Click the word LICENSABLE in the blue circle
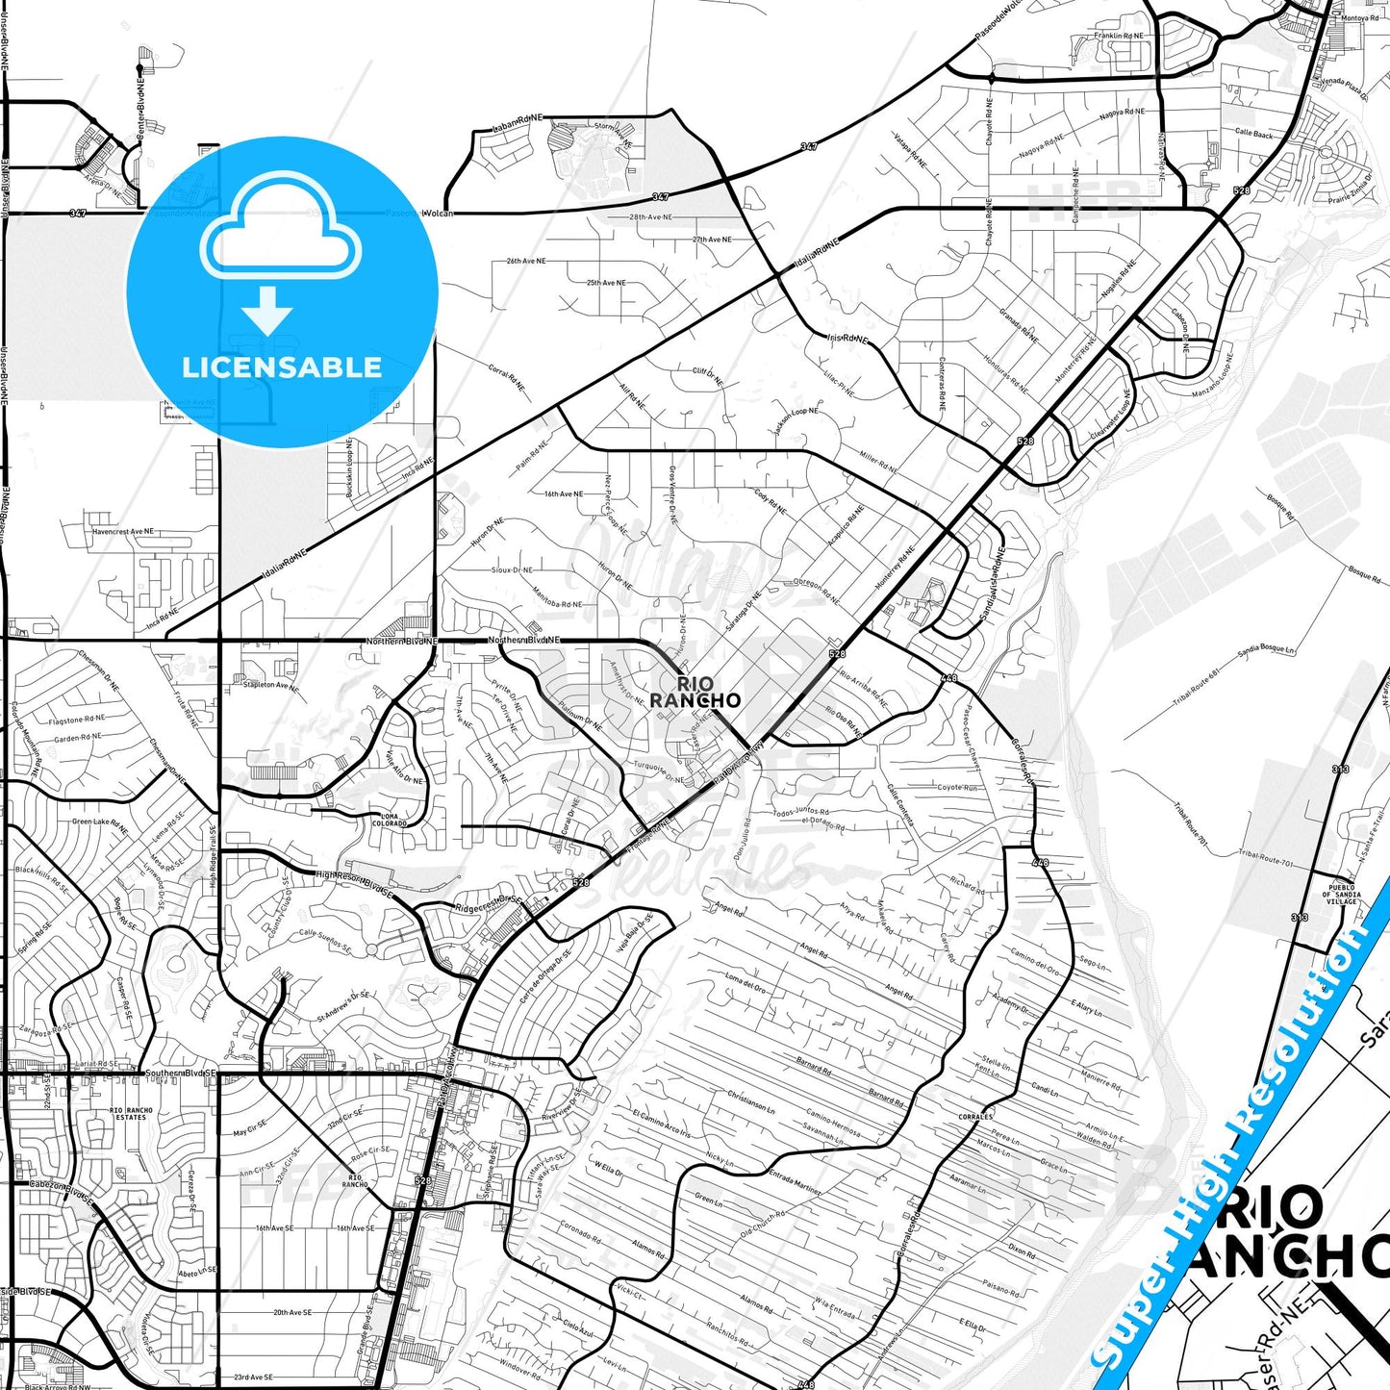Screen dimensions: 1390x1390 tap(282, 367)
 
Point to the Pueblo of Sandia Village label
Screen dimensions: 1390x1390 tap(1341, 894)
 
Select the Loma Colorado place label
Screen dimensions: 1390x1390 tap(390, 821)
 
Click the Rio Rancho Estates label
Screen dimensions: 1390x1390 tap(131, 1113)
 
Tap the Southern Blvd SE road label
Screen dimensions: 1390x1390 tap(180, 1073)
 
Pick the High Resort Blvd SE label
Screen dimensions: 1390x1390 tap(355, 884)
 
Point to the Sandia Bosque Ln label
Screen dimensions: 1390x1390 tap(1266, 651)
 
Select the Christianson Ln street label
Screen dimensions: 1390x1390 tap(750, 1102)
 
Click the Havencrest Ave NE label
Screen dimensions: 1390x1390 tap(123, 531)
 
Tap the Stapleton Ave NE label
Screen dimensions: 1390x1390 tap(271, 685)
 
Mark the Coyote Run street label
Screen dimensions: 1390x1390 tap(957, 788)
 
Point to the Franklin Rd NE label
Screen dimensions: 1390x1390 tap(1119, 36)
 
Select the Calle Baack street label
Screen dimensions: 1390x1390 tap(1253, 135)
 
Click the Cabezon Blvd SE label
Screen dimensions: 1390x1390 tap(63, 1193)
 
